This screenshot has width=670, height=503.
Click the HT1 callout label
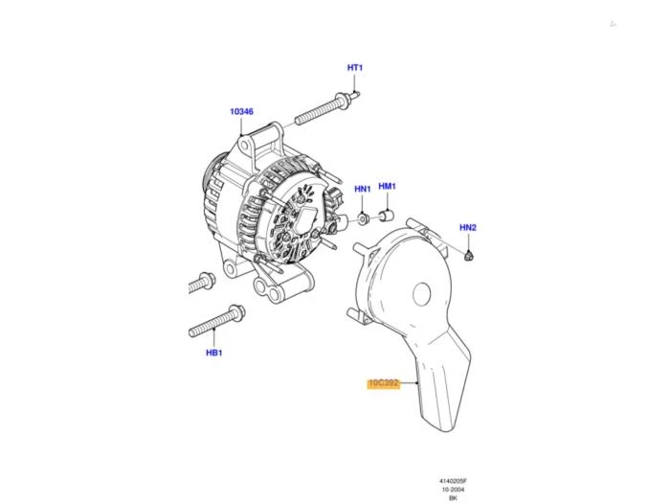355,68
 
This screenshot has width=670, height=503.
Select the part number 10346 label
241,112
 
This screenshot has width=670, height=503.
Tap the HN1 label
363,189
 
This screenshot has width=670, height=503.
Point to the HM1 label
387,186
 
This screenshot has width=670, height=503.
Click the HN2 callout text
468,228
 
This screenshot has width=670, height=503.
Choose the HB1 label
214,353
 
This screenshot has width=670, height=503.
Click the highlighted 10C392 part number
384,383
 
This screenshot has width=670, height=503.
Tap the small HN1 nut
363,219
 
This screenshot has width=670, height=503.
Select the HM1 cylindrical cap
387,217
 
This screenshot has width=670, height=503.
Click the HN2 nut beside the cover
470,256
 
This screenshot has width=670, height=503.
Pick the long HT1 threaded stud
327,109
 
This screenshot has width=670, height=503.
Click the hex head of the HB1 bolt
236,312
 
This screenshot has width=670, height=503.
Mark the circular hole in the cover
421,294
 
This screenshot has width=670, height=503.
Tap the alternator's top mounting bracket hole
245,146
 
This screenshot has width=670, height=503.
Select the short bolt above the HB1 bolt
202,283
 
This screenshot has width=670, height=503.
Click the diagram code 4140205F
453,481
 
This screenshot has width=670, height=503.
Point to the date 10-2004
453,490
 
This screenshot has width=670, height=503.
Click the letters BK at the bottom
453,498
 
